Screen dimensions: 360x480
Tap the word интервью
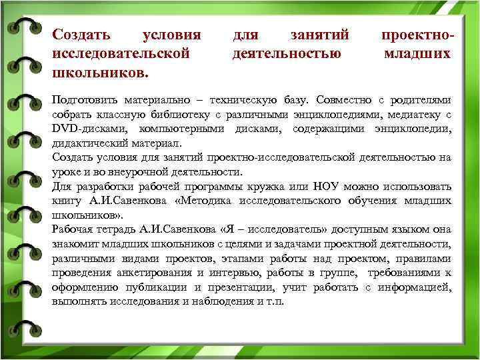[x=236, y=272]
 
